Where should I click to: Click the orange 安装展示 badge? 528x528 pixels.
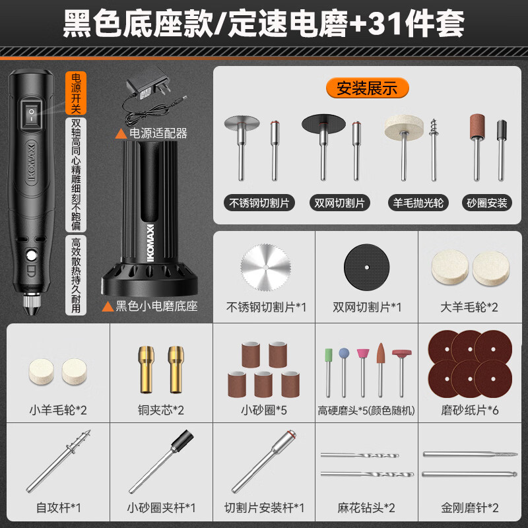(x=367, y=87)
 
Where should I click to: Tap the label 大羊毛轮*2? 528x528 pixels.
(x=469, y=307)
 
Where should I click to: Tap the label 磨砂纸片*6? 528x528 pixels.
(x=469, y=410)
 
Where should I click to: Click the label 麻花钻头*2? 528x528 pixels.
(x=367, y=508)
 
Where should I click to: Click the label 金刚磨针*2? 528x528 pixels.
(x=469, y=508)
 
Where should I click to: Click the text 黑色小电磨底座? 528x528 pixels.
(x=156, y=306)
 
